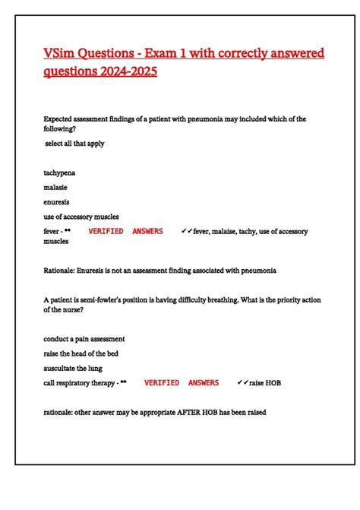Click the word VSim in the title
pyautogui.click(x=59, y=54)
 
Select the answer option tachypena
pyautogui.click(x=59, y=173)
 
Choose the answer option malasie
pyautogui.click(x=55, y=187)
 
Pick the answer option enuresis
pyautogui.click(x=57, y=202)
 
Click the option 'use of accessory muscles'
pyautogui.click(x=81, y=217)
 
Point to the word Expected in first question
pyautogui.click(x=59, y=119)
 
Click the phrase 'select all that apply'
pyautogui.click(x=75, y=143)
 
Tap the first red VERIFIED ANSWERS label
pyautogui.click(x=125, y=231)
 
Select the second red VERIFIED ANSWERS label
pyautogui.click(x=182, y=383)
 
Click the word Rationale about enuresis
pyautogui.click(x=60, y=270)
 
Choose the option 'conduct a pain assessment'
pyautogui.click(x=84, y=338)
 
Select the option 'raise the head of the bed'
pyautogui.click(x=81, y=353)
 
